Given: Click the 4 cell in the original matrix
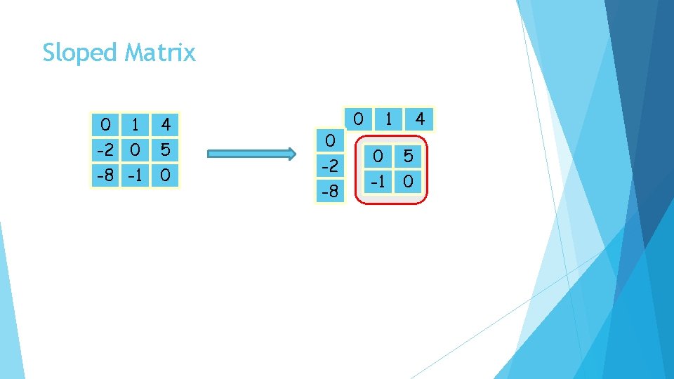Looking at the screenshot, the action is click(x=166, y=125).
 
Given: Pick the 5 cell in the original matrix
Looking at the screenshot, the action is click(x=166, y=149).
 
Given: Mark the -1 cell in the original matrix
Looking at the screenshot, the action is click(x=136, y=174).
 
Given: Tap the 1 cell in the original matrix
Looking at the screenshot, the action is click(x=136, y=125).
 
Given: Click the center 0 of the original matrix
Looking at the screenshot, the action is click(x=136, y=149).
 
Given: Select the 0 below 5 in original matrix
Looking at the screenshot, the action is click(x=166, y=174).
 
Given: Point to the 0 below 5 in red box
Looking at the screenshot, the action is click(x=408, y=183).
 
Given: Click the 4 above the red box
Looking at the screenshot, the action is click(x=420, y=118).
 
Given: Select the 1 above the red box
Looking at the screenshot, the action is click(x=388, y=118).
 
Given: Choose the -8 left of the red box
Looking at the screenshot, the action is click(x=329, y=191).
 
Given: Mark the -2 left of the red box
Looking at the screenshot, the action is click(x=329, y=166).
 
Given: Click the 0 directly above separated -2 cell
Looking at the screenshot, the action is click(x=329, y=141).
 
